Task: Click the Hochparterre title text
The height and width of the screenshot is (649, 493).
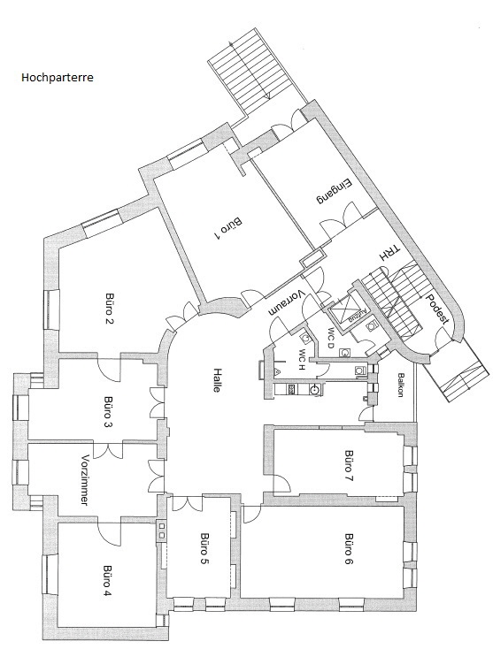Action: (x=58, y=78)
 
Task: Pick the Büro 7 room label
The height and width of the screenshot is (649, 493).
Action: (x=350, y=466)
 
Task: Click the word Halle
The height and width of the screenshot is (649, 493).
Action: (x=217, y=379)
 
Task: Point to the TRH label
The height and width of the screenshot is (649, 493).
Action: (x=390, y=254)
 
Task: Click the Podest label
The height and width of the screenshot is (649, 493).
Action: (x=437, y=309)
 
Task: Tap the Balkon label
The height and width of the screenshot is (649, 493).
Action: (x=401, y=386)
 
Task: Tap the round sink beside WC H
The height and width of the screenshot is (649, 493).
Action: (x=316, y=389)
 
